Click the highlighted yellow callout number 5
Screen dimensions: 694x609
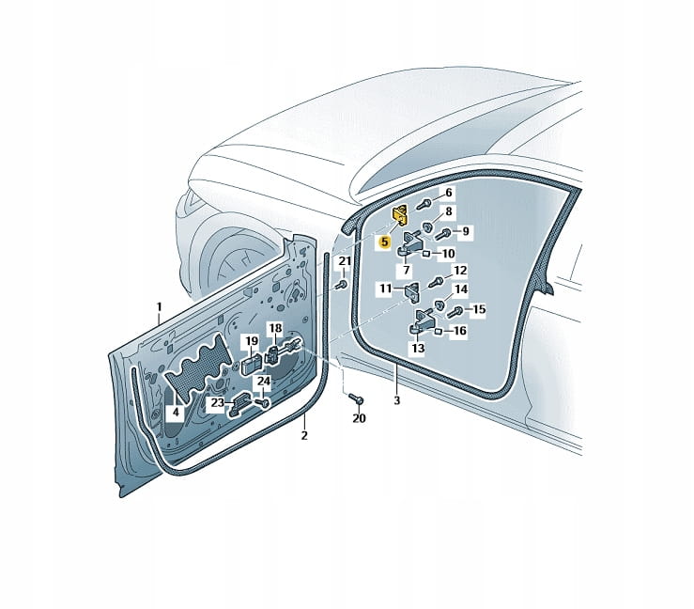coord(384,242)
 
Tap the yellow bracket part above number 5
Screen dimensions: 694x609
coord(401,216)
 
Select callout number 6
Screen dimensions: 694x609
coord(448,193)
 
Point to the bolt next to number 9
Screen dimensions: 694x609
coord(442,233)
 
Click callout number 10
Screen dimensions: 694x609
coord(448,254)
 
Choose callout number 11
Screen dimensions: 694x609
coord(386,289)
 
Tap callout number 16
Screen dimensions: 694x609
coord(460,331)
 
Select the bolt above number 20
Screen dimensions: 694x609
coord(356,398)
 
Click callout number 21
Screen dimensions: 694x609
coord(345,261)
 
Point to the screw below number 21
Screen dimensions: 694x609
coord(341,284)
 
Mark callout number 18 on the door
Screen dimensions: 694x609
coord(275,328)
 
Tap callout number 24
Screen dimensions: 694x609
coord(264,381)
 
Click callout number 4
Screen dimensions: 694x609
coord(176,412)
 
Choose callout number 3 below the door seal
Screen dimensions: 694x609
coord(396,400)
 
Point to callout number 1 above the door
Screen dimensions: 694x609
coord(159,306)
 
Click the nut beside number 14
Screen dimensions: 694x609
coord(440,304)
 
